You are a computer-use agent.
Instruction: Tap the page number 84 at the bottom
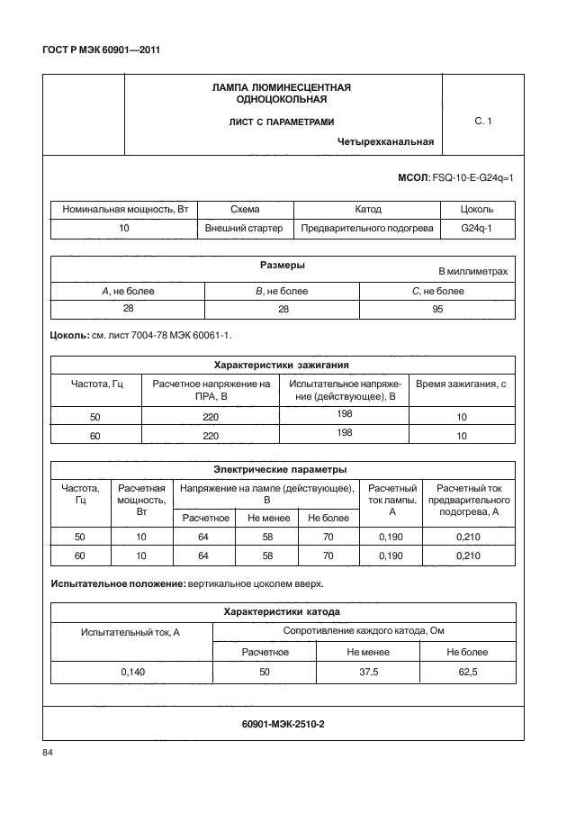tap(49, 753)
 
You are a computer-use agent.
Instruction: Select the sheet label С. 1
tap(482, 121)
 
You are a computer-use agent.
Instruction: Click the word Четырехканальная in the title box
tap(386, 140)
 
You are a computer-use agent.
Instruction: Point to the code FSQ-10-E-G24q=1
tap(472, 178)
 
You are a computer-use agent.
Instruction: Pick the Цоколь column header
tap(476, 209)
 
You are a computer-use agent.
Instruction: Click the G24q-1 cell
tap(476, 229)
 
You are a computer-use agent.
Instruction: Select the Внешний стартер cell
tap(245, 229)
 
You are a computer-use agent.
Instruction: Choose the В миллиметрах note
tap(472, 271)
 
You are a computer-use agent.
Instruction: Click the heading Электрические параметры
tap(281, 469)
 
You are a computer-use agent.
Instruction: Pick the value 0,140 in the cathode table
tap(131, 671)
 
